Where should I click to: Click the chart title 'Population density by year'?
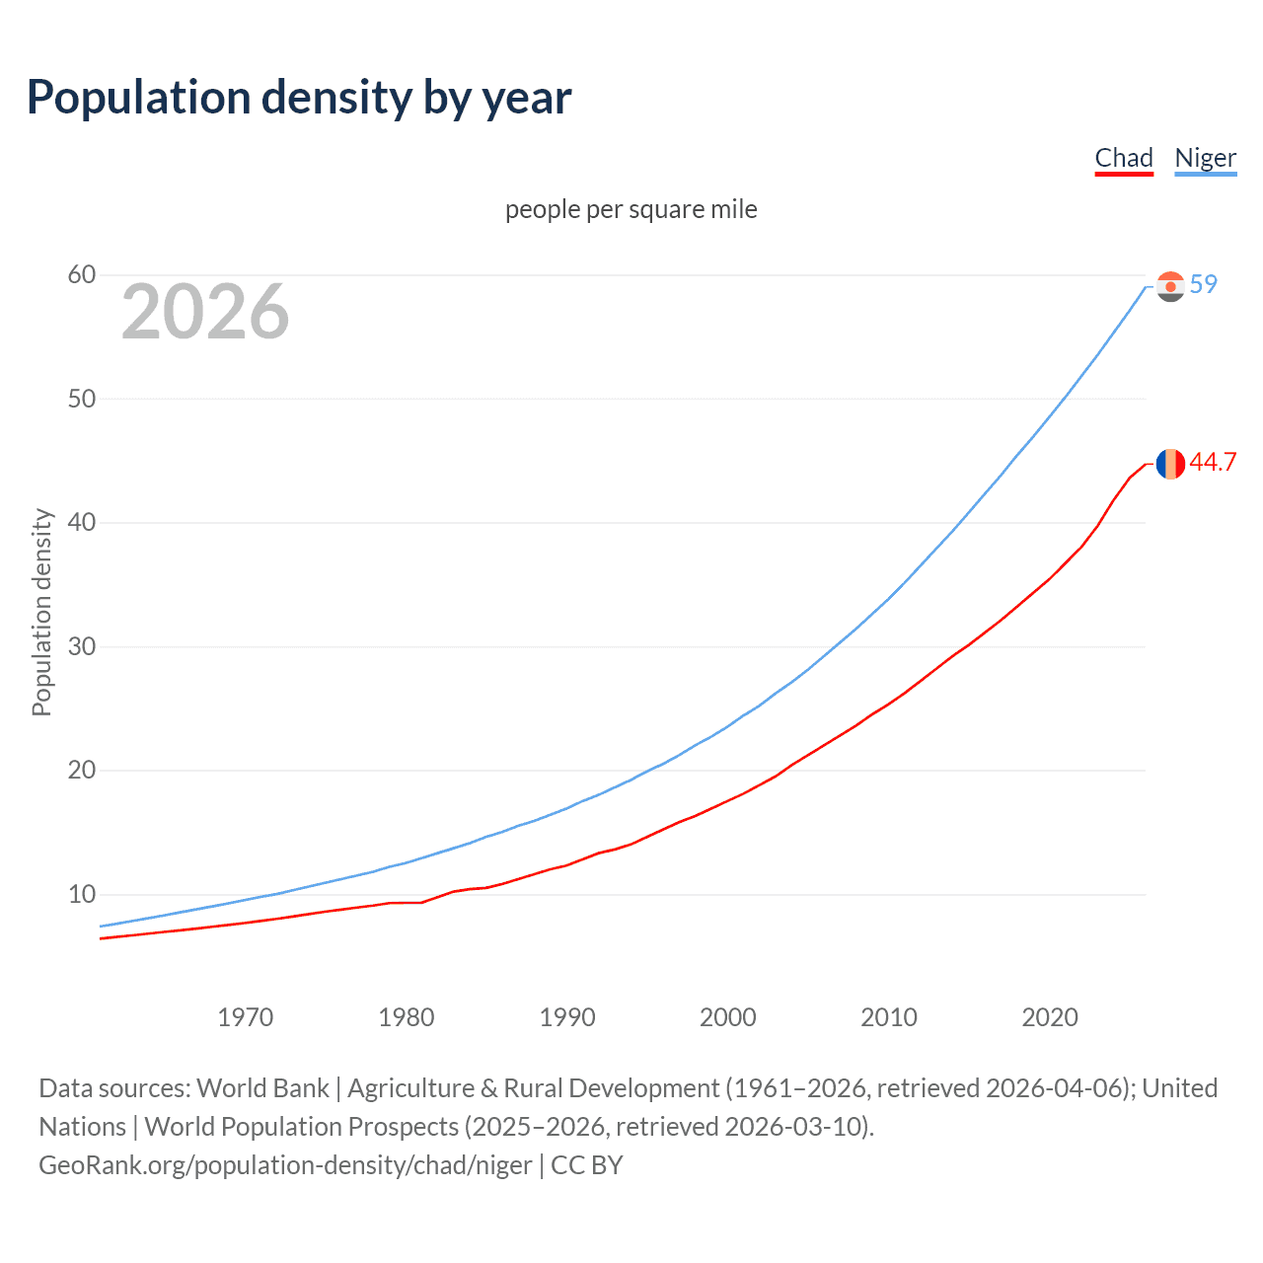tap(299, 98)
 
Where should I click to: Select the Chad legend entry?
tap(1124, 158)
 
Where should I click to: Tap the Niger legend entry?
tap(1205, 158)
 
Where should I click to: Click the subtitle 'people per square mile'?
tap(631, 209)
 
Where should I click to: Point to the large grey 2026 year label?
tap(205, 312)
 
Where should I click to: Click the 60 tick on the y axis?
tap(82, 275)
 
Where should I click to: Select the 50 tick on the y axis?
tap(82, 399)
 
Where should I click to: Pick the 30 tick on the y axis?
tap(82, 646)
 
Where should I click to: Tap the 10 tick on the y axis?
tap(82, 894)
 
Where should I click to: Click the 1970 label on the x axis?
tap(246, 1017)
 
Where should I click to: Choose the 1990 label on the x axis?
tap(567, 1017)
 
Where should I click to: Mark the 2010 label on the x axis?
tap(889, 1017)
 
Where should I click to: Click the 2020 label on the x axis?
tap(1050, 1017)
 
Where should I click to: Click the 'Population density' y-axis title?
tap(41, 612)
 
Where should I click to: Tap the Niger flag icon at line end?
tap(1170, 286)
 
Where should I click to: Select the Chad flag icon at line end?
tap(1170, 463)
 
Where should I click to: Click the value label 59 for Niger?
tap(1204, 284)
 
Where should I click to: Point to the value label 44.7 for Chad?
tap(1213, 462)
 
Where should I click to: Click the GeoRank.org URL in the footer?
tap(285, 1165)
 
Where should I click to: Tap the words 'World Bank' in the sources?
tap(262, 1088)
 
